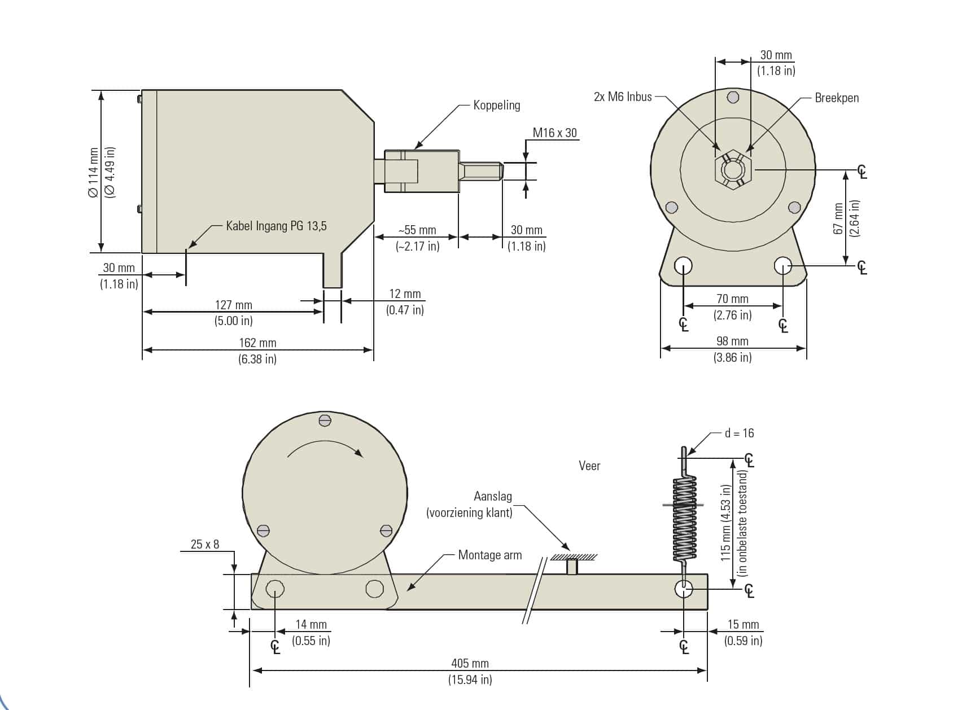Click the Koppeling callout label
496,105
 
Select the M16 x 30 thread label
554,133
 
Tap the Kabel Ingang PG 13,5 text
276,226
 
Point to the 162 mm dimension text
257,343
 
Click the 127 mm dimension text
233,305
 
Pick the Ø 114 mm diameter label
94,172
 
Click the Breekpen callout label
836,98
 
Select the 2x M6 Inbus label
622,97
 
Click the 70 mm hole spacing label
732,299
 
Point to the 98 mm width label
732,341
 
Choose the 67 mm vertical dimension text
838,218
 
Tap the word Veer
589,466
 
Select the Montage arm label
489,555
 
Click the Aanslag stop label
492,496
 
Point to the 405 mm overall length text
470,663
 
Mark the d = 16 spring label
739,433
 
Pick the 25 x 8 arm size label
204,544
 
